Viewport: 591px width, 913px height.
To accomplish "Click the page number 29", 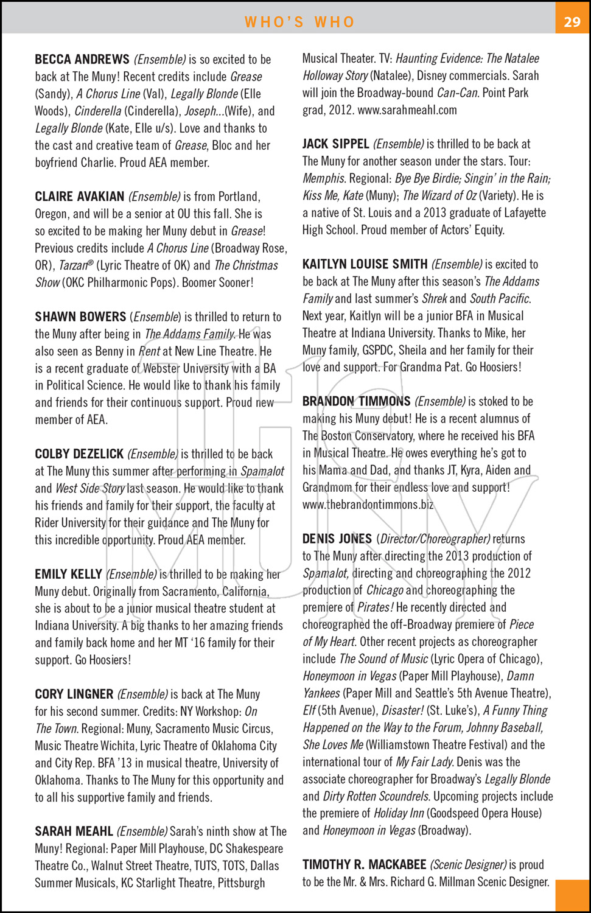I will (x=572, y=22).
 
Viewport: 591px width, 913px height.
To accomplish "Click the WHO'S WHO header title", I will (x=299, y=22).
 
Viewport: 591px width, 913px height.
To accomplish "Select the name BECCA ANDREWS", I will (x=82, y=60).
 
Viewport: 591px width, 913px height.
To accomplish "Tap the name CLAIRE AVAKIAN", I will (x=80, y=197).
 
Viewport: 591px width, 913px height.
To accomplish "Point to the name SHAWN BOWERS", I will (x=80, y=317).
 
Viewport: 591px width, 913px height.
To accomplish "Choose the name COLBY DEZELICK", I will (x=80, y=454).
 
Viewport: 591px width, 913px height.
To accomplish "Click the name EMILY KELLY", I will (x=68, y=575).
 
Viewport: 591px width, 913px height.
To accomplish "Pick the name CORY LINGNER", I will (x=74, y=694).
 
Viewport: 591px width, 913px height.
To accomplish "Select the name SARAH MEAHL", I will (x=74, y=831).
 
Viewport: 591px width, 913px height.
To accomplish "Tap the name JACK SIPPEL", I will (x=336, y=144).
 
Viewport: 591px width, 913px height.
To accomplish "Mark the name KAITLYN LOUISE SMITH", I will (x=365, y=264).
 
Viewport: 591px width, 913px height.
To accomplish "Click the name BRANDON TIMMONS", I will (x=357, y=402).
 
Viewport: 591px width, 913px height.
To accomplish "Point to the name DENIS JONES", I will (x=337, y=539).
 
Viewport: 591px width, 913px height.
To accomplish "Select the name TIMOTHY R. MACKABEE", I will (x=365, y=865).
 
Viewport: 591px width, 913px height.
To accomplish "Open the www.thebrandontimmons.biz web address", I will (x=368, y=505).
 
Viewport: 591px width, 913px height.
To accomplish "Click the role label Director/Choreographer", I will (x=435, y=539).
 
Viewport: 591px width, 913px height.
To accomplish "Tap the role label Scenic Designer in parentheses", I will (x=468, y=865).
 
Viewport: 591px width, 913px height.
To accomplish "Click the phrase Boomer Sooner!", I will (x=218, y=282).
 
